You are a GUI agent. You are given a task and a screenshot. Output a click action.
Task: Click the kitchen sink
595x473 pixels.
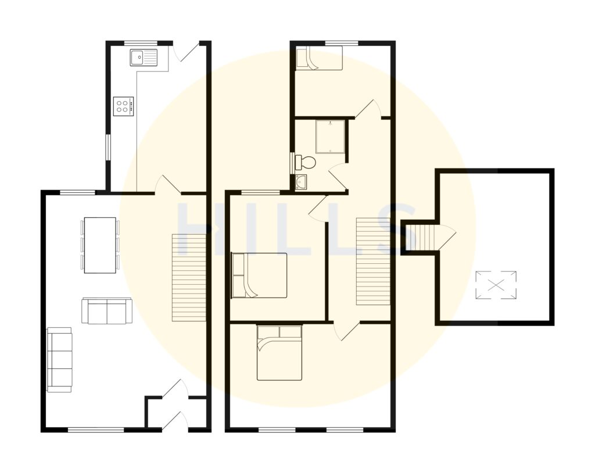tap(144, 57)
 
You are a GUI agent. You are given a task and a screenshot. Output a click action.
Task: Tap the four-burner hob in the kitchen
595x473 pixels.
tap(123, 106)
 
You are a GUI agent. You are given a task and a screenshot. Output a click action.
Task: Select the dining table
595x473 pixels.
tap(100, 245)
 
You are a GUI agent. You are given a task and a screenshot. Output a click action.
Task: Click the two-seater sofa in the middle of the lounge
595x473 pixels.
tap(106, 311)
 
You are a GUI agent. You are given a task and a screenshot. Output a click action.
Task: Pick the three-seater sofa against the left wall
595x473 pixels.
tap(59, 359)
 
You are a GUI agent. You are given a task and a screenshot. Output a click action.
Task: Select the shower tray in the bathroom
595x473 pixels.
tap(329, 136)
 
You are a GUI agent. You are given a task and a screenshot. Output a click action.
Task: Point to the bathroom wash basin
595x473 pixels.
tap(301, 182)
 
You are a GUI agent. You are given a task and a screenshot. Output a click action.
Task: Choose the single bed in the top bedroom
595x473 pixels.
tap(318, 59)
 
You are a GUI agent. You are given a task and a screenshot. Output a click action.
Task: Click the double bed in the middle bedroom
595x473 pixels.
tap(259, 275)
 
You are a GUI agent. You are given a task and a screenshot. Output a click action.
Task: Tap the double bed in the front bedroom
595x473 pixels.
tap(279, 353)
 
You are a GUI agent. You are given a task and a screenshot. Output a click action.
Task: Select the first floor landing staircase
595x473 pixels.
tap(372, 261)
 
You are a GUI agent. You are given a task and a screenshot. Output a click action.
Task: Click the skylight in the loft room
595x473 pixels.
tap(496, 285)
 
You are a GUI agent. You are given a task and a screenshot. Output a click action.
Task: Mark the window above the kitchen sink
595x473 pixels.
tap(141, 42)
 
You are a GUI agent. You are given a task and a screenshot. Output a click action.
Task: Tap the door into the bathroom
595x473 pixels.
tap(337, 178)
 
